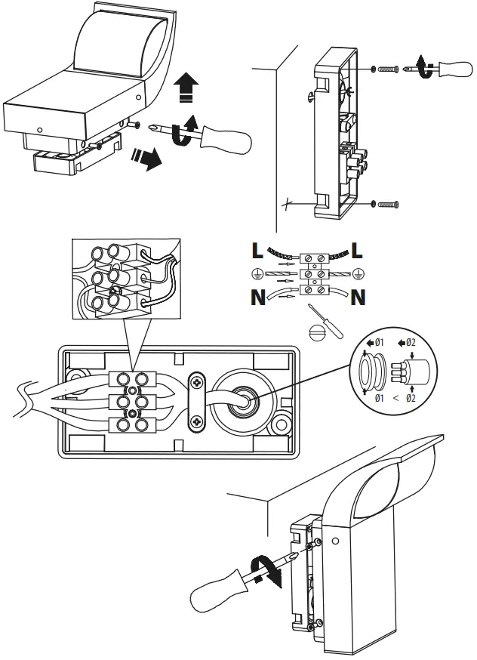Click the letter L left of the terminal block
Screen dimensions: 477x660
click(x=257, y=250)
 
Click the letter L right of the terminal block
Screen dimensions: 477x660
click(x=357, y=250)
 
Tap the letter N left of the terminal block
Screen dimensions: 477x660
click(x=258, y=298)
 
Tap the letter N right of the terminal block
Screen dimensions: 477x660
click(x=358, y=298)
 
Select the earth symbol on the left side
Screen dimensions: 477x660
click(x=255, y=274)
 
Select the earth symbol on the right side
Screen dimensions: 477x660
click(x=358, y=274)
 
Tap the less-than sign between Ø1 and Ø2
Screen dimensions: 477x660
click(x=395, y=398)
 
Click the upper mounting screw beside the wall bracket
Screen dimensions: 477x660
click(x=388, y=69)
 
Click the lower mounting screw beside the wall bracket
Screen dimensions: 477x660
click(x=388, y=205)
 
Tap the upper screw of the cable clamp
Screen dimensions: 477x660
click(x=197, y=382)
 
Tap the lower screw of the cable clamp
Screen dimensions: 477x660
click(x=197, y=421)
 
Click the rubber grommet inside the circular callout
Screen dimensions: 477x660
click(x=372, y=371)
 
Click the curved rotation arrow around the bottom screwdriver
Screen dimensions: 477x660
click(x=266, y=571)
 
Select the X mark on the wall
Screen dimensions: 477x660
click(x=287, y=205)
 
